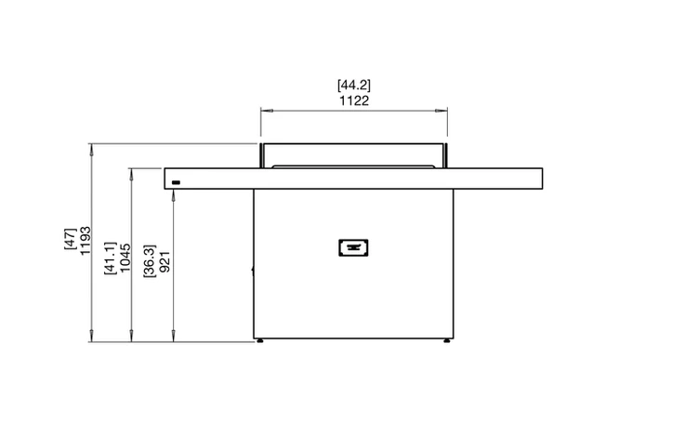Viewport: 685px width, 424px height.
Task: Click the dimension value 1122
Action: (354, 101)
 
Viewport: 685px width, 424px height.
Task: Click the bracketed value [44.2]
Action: (354, 85)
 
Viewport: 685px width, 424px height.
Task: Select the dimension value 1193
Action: (86, 241)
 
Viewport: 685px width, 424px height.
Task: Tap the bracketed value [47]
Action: (70, 239)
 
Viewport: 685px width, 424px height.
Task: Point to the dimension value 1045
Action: (125, 258)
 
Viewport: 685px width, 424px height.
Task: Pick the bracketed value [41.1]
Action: (110, 258)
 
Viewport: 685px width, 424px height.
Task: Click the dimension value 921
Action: (165, 262)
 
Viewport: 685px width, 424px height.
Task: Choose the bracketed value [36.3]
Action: (150, 261)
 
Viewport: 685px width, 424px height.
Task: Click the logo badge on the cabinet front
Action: (353, 248)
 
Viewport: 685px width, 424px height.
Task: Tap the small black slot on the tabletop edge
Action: (176, 183)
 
